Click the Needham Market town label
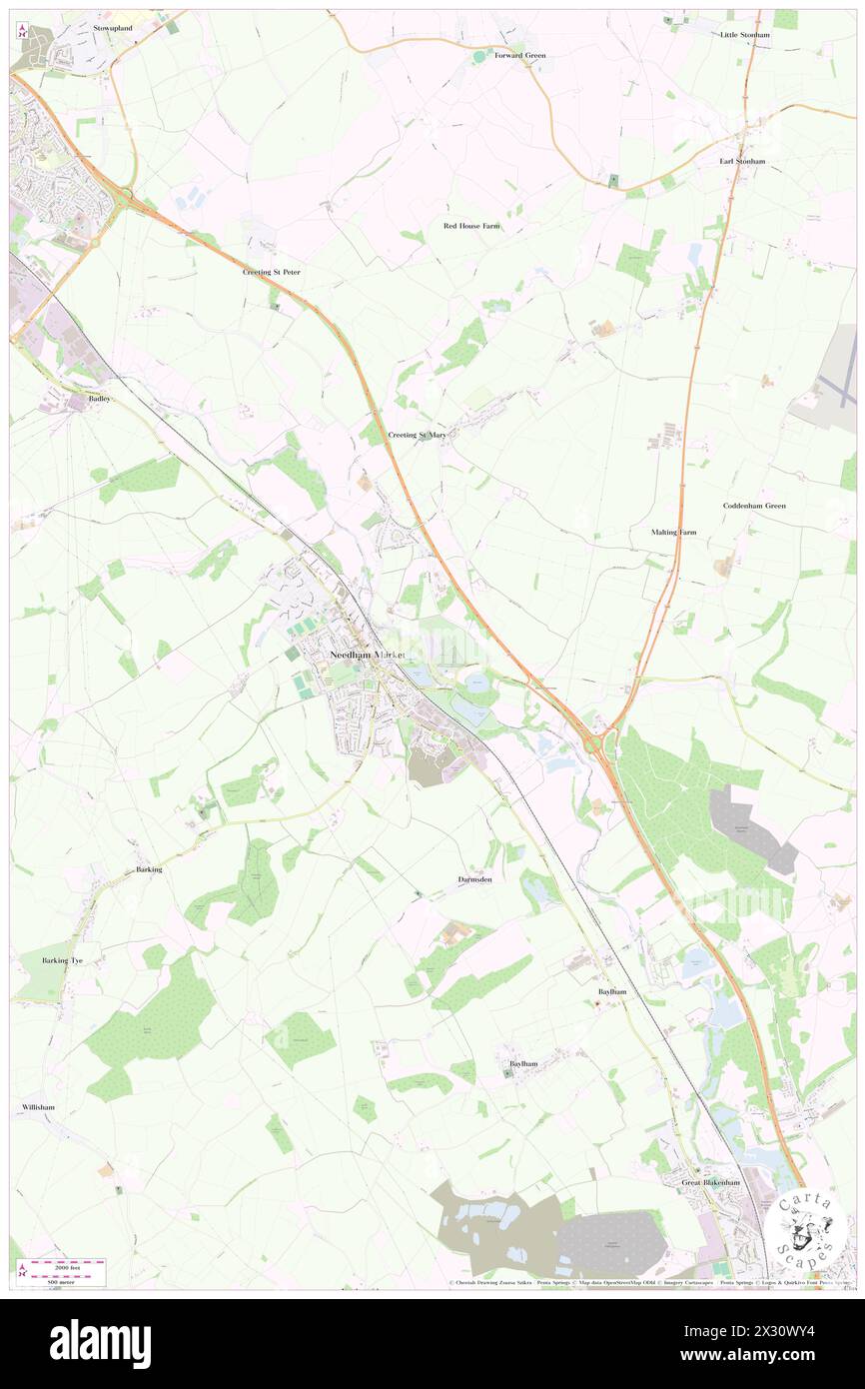click(370, 655)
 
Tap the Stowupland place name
click(113, 28)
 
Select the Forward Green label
click(520, 55)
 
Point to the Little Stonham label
click(745, 35)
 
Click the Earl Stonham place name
click(742, 161)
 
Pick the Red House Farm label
click(471, 226)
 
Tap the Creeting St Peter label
click(271, 272)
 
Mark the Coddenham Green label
click(754, 506)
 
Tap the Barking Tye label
click(62, 960)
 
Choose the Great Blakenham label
click(711, 1182)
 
